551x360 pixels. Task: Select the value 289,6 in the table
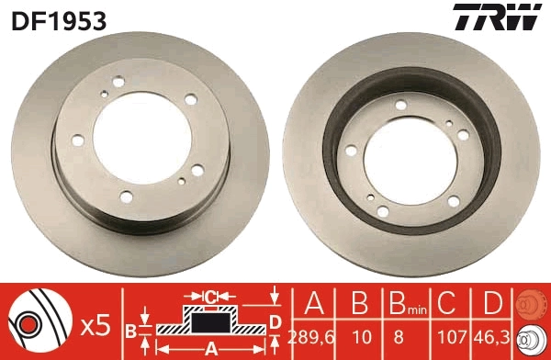(312, 336)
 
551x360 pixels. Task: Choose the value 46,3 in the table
(492, 336)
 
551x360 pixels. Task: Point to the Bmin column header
(401, 302)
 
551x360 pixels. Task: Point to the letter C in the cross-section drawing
(209, 297)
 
